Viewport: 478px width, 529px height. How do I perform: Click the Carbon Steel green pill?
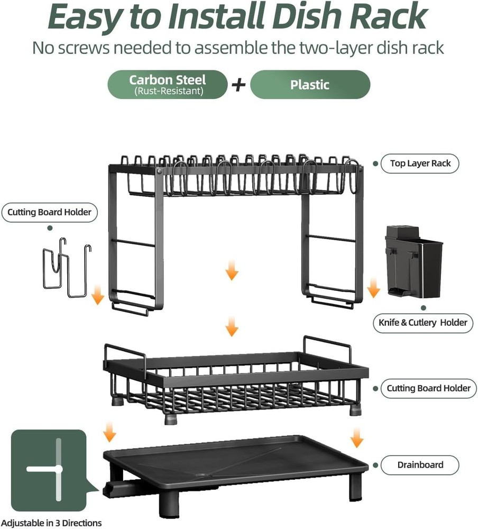(x=168, y=85)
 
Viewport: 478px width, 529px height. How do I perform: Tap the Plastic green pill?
(x=310, y=85)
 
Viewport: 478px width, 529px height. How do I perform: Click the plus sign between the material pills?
(x=239, y=85)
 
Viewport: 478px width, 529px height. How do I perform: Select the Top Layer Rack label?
(x=420, y=163)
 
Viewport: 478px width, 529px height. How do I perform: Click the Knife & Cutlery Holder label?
(x=422, y=322)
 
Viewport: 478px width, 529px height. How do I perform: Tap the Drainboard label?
(x=420, y=465)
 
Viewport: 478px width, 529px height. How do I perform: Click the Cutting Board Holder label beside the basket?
(x=428, y=388)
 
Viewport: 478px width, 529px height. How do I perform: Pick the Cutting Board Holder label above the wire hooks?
(x=49, y=213)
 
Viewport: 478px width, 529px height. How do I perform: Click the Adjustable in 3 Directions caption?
(x=51, y=523)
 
